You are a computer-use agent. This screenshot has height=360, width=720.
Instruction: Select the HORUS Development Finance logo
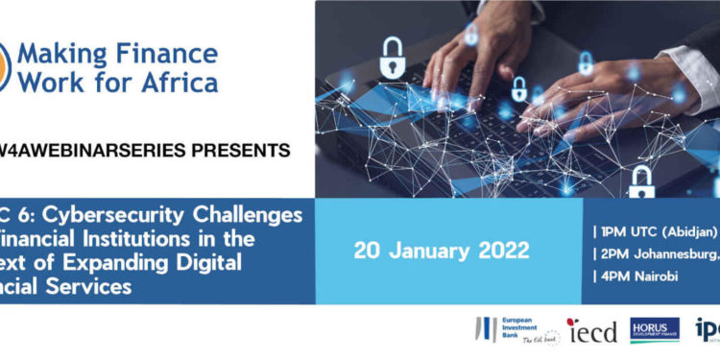tap(654, 330)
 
